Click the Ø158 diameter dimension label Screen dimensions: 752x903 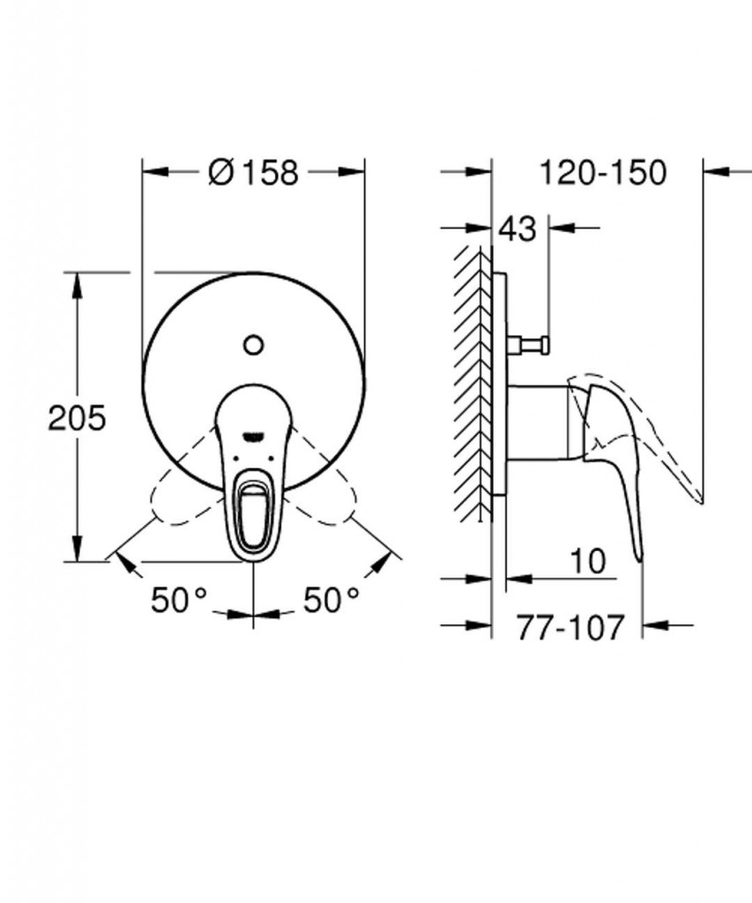pos(253,172)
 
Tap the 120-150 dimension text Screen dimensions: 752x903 pos(602,172)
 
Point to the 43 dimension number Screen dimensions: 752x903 pos(517,228)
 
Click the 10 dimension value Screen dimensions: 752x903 pos(588,561)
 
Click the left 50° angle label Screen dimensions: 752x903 pos(179,600)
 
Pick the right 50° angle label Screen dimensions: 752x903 pos(331,600)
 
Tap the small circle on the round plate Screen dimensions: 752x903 pos(253,346)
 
